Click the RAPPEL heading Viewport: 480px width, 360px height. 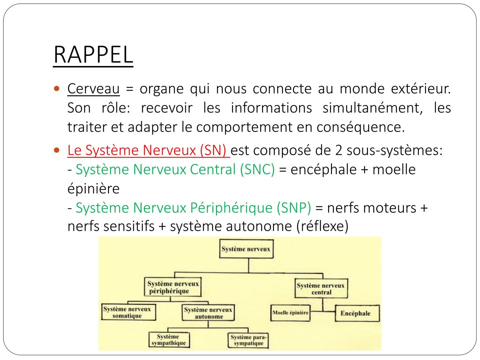tap(93, 55)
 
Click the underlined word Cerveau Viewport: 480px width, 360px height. tap(93, 89)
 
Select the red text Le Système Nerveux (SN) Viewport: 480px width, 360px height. tap(148, 150)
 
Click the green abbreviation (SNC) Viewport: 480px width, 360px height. tap(257, 169)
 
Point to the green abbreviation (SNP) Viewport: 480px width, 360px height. tap(293, 208)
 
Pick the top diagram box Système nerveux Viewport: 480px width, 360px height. tap(246, 249)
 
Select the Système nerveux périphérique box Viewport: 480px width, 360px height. tap(173, 287)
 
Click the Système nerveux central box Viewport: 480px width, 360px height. tap(321, 289)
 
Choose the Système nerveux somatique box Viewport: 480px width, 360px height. tap(128, 312)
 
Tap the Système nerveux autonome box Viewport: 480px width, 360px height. tap(208, 313)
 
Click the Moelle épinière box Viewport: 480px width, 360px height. tap(290, 313)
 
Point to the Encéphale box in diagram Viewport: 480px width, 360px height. tap(356, 313)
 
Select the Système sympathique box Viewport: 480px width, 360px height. tap(169, 340)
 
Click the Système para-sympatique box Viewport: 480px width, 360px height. tap(248, 340)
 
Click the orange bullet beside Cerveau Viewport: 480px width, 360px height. tap(57, 89)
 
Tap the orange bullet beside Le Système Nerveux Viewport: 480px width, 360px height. tap(57, 150)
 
